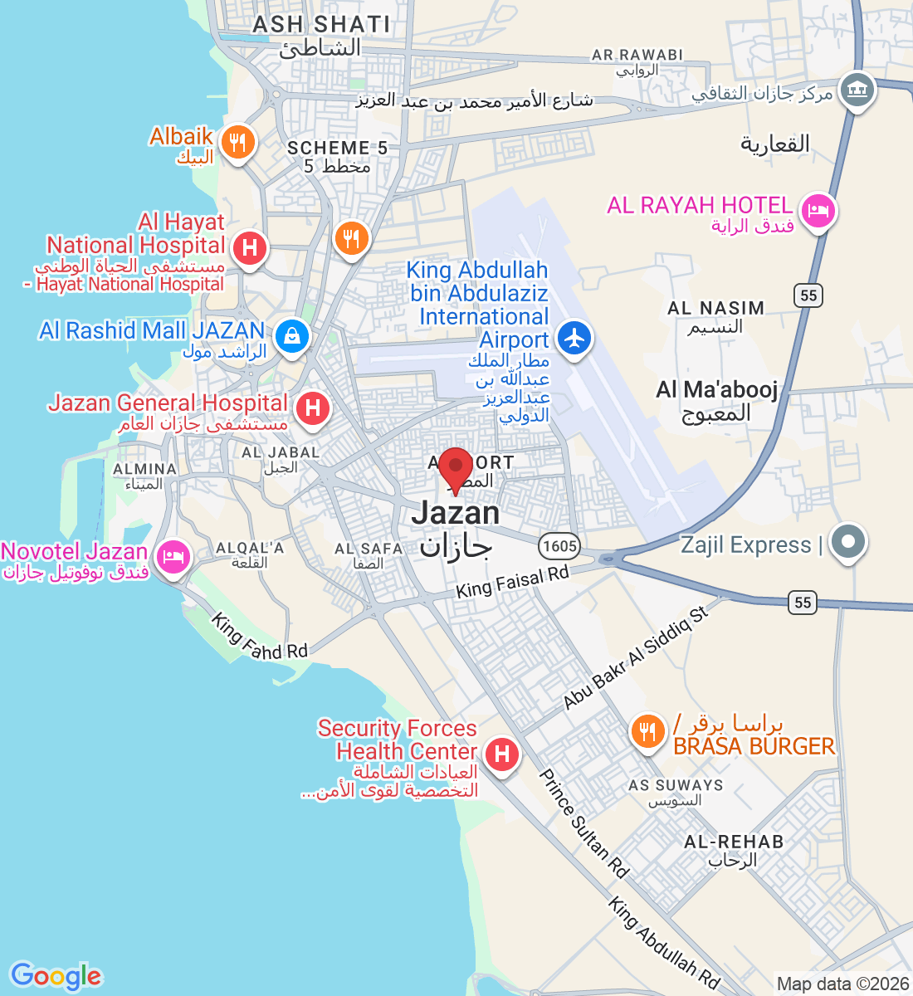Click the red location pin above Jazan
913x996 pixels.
(455, 466)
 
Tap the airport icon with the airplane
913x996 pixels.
(574, 339)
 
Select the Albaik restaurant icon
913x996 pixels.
(237, 143)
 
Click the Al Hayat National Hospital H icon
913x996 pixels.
(249, 247)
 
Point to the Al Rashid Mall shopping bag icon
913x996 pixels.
(292, 336)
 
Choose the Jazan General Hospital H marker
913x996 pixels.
(313, 408)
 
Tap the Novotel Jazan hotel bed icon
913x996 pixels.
(173, 556)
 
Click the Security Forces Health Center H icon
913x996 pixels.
(501, 754)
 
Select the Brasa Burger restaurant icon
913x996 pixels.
(647, 731)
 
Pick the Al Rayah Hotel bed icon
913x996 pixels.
(818, 211)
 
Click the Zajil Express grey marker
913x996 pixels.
(847, 542)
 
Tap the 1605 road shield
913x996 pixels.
(559, 545)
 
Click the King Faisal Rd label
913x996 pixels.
(512, 582)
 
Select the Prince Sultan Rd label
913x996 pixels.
(583, 823)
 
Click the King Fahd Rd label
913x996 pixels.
(259, 637)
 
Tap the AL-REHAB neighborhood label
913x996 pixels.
(734, 842)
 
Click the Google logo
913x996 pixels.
(56, 976)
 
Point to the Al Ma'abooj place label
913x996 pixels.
(717, 389)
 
